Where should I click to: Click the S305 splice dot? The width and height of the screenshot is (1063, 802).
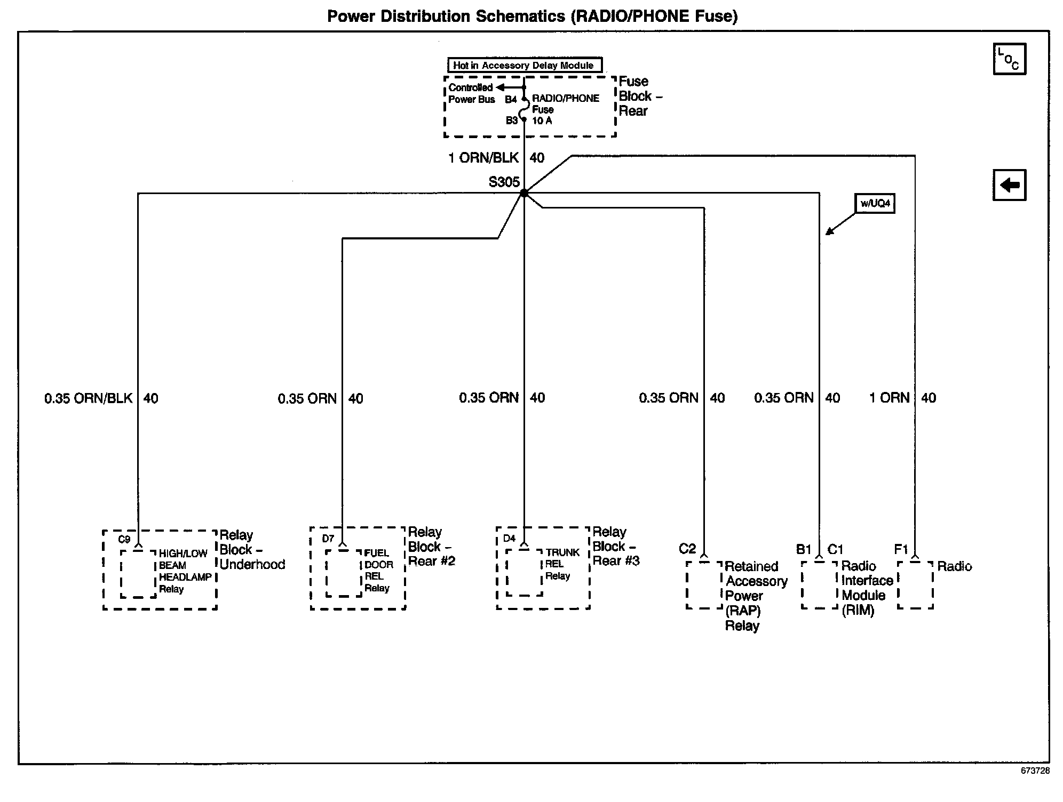(x=524, y=193)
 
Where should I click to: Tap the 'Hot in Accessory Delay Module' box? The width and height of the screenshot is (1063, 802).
(x=525, y=66)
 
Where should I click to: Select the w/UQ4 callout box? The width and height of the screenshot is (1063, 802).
(x=875, y=203)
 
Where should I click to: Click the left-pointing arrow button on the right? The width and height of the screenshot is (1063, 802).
(x=1009, y=185)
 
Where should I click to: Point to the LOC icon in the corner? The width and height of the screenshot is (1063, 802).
(x=1009, y=59)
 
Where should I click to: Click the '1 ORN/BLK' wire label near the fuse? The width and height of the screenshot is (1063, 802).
(x=483, y=158)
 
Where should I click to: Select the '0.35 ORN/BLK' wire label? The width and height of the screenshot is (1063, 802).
(x=89, y=398)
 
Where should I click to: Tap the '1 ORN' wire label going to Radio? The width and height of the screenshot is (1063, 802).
(x=890, y=398)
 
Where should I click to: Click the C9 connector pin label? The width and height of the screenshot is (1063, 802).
(x=124, y=539)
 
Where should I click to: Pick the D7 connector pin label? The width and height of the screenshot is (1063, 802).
(x=328, y=539)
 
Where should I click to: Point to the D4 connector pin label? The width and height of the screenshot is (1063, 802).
(x=510, y=539)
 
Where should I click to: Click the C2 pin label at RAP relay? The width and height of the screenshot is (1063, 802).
(x=687, y=549)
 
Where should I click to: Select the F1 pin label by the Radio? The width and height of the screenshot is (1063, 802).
(x=901, y=549)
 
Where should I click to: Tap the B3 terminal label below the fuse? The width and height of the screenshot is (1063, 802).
(x=511, y=121)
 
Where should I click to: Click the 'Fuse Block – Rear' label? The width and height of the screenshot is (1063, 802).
(x=640, y=97)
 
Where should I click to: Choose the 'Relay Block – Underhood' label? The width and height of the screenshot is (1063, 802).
(x=252, y=550)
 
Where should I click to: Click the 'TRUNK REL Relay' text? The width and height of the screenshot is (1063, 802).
(x=562, y=564)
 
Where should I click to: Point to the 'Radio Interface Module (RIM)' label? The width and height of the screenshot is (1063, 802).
(x=867, y=588)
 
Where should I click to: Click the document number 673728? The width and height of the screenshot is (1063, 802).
(x=1035, y=771)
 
